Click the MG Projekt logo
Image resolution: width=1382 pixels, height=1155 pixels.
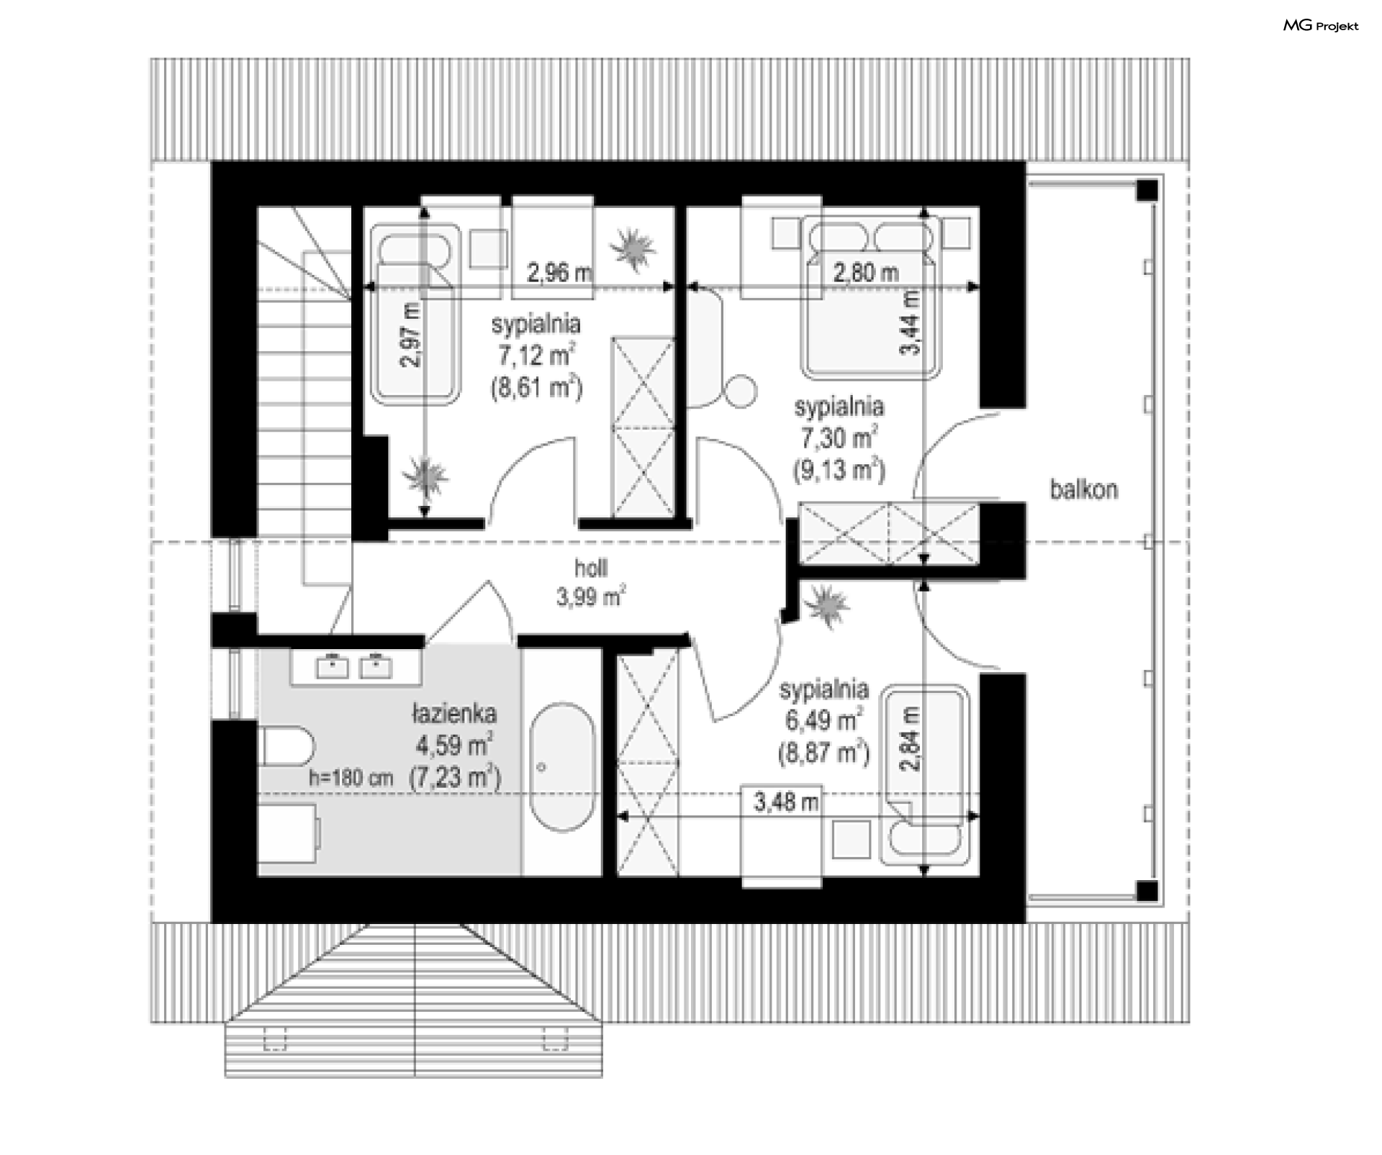click(1321, 26)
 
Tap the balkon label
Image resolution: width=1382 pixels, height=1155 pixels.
click(1083, 490)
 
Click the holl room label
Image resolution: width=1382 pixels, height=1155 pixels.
click(590, 569)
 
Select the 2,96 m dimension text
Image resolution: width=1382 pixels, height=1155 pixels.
click(559, 273)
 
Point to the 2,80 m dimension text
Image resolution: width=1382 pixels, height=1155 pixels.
click(866, 273)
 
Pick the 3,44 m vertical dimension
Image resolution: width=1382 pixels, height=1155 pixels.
click(911, 321)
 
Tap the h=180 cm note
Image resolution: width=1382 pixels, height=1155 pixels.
click(351, 778)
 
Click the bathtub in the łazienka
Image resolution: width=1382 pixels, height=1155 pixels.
click(562, 768)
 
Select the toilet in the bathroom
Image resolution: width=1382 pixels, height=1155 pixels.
click(286, 746)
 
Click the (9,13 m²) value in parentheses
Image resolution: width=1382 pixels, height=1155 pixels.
click(839, 470)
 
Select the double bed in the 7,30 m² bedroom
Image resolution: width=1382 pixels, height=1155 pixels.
click(871, 299)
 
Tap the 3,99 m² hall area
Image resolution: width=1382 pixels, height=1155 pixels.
click(590, 597)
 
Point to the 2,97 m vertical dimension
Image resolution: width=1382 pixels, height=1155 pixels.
click(412, 335)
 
